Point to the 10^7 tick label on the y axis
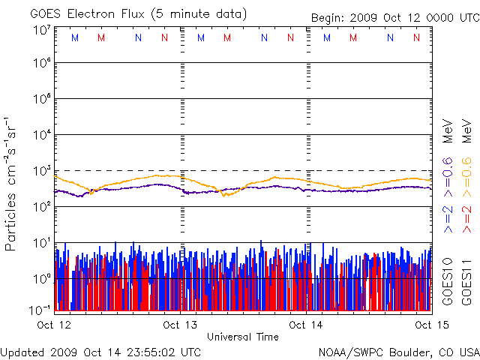point(41,30)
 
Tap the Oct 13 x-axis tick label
point(180,325)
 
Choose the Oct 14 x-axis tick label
point(307,325)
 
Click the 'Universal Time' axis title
point(243,337)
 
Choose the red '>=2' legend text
point(466,217)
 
